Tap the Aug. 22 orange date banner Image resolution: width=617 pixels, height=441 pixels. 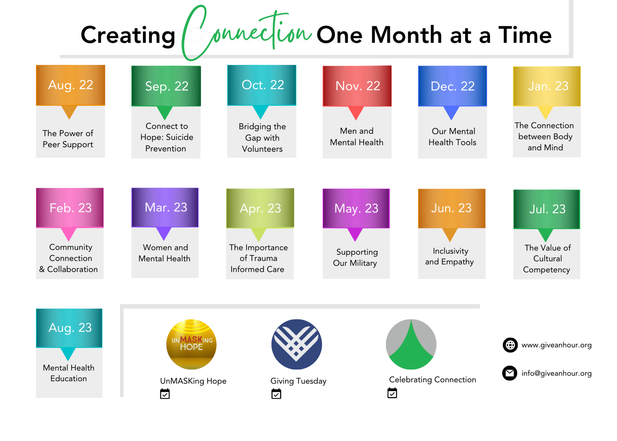coord(71,85)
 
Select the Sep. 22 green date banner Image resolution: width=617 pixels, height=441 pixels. coord(166,86)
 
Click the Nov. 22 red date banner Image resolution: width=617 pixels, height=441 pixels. coord(357,86)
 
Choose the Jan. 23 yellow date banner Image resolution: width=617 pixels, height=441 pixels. coord(547,86)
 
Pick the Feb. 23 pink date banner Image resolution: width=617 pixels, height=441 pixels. coord(70,208)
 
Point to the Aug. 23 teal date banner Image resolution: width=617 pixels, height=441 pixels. coord(69,328)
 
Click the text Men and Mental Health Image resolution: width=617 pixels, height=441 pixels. coord(357,137)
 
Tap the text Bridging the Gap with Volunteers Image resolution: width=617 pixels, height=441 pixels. coord(262,138)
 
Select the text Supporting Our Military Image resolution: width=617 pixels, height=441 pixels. coord(355,258)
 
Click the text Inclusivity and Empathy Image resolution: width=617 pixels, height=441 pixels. coord(450,256)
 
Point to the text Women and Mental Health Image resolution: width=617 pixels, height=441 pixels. coord(165,253)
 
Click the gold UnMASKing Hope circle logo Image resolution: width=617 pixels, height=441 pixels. coord(191,344)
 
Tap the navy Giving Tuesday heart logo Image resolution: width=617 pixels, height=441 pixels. coord(297,344)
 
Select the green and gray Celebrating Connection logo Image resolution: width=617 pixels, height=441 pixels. coord(411,344)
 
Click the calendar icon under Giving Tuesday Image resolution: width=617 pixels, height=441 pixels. coord(276,394)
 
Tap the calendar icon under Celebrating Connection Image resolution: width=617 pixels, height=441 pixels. coord(392,393)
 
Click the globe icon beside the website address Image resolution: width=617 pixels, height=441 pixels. coord(510,345)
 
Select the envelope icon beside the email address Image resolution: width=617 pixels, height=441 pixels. coord(510,373)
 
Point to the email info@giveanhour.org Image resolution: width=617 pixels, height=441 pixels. coord(556,373)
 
